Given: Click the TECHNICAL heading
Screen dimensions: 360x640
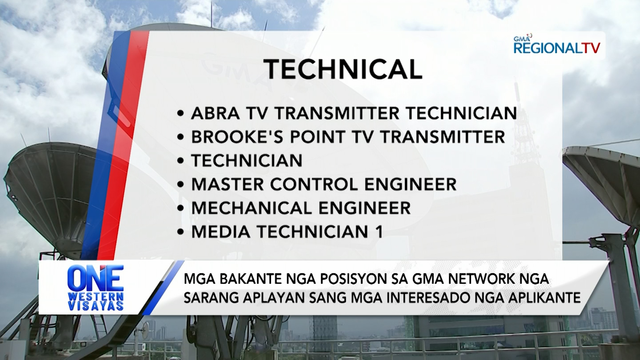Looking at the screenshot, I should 343,70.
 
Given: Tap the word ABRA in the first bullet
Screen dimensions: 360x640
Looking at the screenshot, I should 215,113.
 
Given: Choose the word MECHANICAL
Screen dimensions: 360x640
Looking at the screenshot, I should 252,208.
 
